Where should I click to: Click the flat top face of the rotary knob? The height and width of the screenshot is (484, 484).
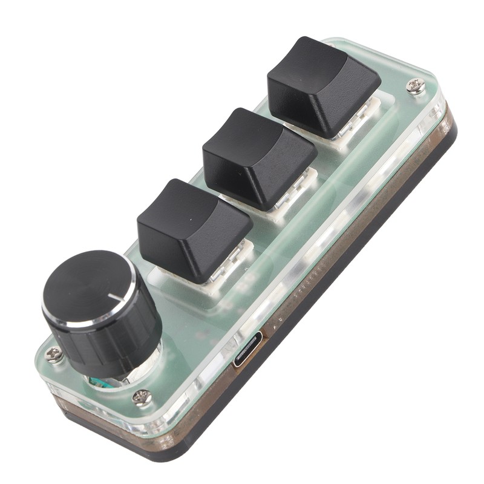coord(91,290)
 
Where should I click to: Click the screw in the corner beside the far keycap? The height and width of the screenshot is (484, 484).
coord(416,86)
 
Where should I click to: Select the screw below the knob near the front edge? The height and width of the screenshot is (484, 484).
coord(142,397)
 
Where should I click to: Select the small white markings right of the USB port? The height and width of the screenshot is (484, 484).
coord(275,327)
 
